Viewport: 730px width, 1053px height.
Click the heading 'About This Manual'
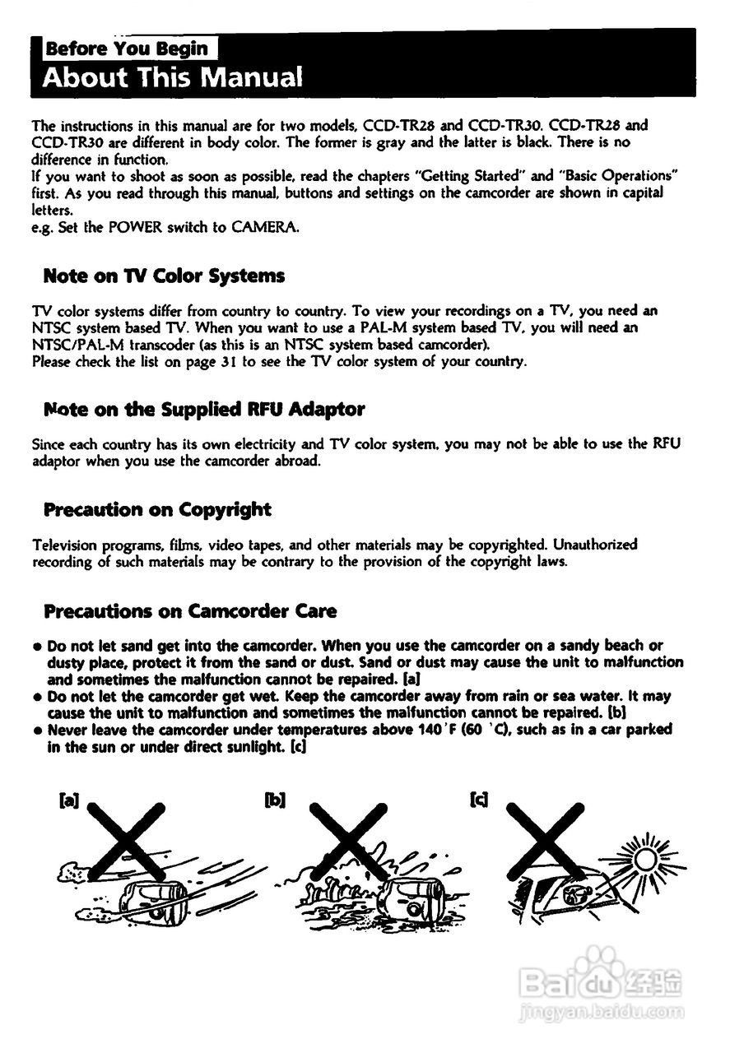[173, 77]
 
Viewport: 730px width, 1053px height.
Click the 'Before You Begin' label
[127, 49]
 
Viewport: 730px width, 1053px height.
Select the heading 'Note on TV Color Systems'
[164, 276]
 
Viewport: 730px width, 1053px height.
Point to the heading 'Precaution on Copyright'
[157, 509]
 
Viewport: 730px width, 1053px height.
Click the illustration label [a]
[69, 799]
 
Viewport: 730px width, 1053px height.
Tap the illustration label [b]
[274, 799]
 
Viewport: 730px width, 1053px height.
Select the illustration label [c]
[478, 799]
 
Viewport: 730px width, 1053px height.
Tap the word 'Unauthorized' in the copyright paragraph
[595, 545]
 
